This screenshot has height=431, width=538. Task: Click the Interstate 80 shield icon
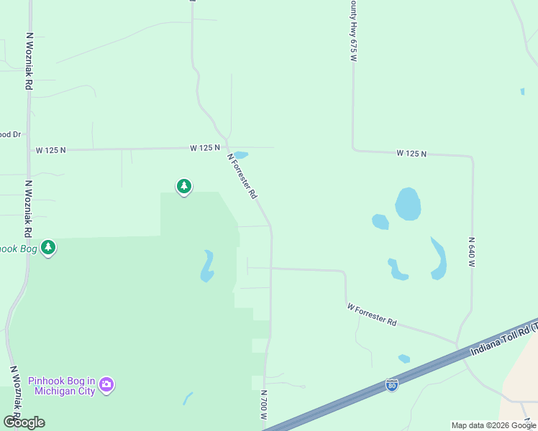click(391, 385)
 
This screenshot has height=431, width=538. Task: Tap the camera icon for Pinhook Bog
click(107, 386)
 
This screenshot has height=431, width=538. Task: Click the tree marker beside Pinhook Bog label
click(48, 249)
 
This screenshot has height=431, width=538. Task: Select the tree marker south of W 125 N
click(184, 187)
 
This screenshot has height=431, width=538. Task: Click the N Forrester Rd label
click(242, 176)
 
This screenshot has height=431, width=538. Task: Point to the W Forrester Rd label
click(371, 315)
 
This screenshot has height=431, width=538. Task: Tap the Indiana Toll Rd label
click(503, 338)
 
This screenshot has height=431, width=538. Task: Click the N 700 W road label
click(264, 405)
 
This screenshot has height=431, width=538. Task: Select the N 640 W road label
click(473, 252)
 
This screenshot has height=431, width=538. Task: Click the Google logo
click(24, 422)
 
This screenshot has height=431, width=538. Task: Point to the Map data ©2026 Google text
click(493, 425)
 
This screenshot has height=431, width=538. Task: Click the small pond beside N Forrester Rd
click(241, 154)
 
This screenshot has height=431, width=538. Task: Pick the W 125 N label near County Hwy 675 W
click(411, 154)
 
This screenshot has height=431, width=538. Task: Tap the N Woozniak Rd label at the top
click(29, 61)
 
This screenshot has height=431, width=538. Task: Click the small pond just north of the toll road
click(404, 358)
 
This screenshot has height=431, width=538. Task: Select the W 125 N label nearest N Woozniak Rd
click(51, 150)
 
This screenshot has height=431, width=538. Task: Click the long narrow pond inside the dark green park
click(207, 266)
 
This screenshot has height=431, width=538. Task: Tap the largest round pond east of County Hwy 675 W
click(408, 205)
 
